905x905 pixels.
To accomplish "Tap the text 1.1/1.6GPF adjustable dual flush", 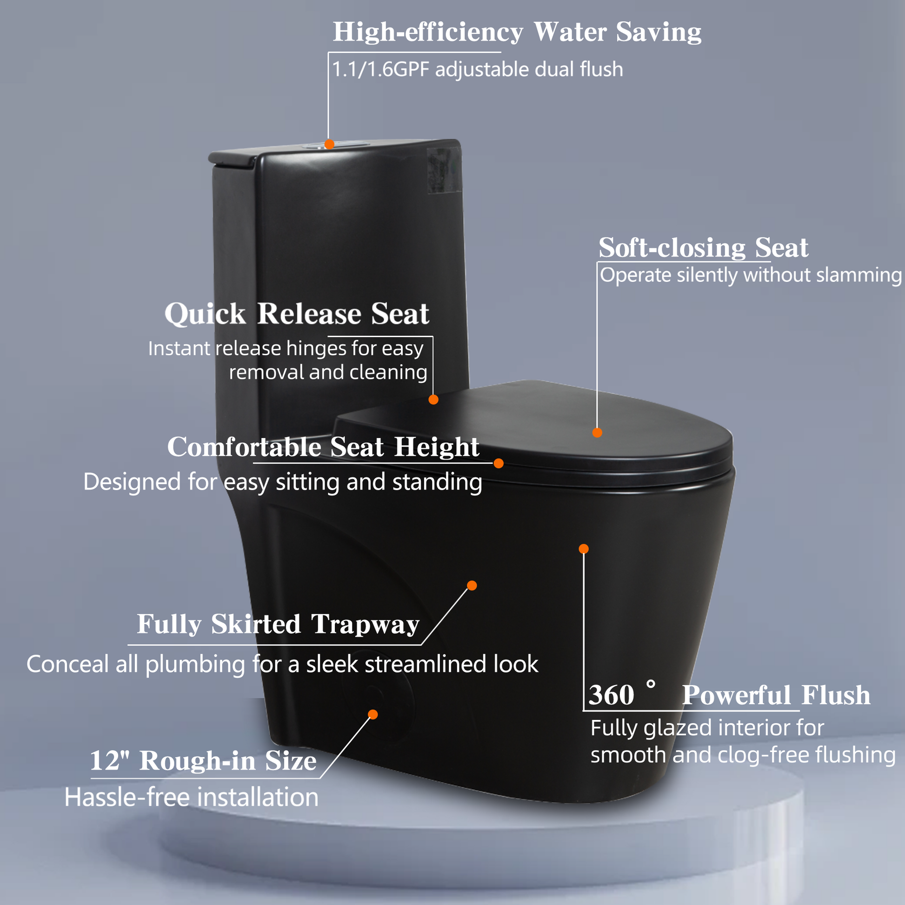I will (477, 69).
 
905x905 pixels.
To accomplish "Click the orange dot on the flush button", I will (329, 144).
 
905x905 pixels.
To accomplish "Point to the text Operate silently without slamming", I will (751, 275).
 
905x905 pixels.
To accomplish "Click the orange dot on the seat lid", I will (597, 433).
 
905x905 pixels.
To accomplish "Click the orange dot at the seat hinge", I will (433, 399).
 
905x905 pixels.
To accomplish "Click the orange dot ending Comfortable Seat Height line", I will (499, 463).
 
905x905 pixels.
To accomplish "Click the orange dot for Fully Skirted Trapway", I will (472, 586).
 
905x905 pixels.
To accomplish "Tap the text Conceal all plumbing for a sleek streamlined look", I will (282, 664).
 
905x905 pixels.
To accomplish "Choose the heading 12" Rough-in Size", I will (203, 760).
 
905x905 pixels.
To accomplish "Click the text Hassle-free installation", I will (191, 797).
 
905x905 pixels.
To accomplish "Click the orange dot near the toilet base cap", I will (373, 714).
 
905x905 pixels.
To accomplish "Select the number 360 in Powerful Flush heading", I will (611, 695).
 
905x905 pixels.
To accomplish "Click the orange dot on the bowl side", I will (584, 549).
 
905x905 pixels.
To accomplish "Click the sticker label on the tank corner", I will (444, 170).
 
